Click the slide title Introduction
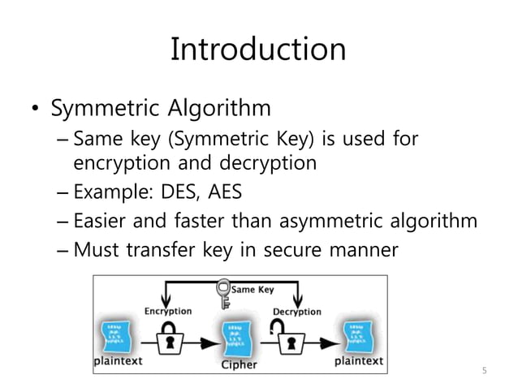tap(258, 50)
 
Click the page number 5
tap(484, 371)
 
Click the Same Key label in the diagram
tap(253, 288)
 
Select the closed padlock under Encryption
tap(169, 340)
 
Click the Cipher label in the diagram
tap(239, 364)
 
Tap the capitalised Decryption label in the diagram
tap(296, 311)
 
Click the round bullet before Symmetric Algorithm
tap(34, 110)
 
